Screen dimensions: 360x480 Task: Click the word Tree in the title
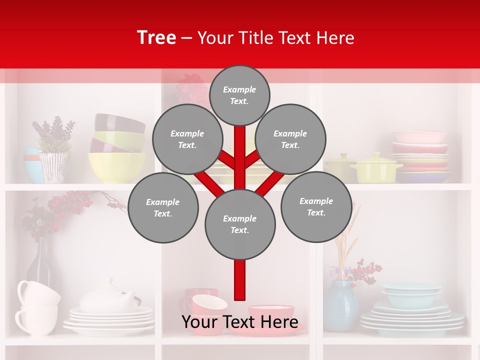(x=156, y=38)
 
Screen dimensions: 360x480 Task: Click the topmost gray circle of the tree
(x=239, y=95)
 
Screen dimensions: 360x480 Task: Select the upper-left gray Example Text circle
(x=187, y=139)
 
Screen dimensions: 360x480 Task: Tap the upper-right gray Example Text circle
(x=290, y=139)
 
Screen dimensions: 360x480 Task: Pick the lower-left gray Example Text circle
(x=163, y=207)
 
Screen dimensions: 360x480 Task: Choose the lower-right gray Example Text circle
(x=316, y=206)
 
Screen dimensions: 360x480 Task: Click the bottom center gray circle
(x=240, y=224)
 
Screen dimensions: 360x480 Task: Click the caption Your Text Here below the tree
(x=240, y=322)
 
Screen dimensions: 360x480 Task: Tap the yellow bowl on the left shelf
(x=116, y=167)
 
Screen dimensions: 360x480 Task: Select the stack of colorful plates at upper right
(x=420, y=155)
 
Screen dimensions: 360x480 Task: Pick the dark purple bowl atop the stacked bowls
(x=119, y=122)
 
